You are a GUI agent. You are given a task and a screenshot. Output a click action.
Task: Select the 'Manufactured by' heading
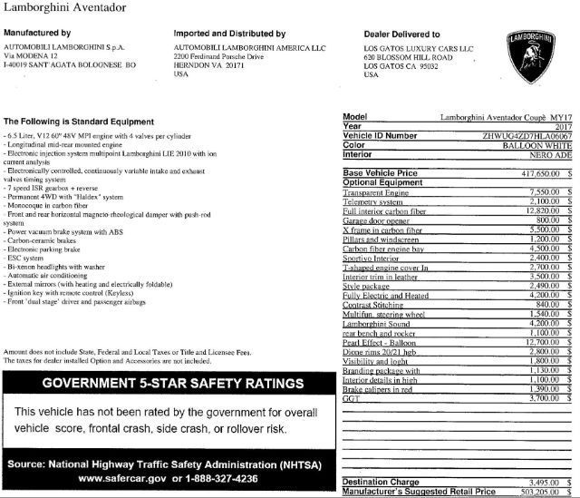42,34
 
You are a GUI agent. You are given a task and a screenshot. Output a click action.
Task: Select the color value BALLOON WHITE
535,144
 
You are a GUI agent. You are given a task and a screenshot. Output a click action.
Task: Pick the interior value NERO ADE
547,154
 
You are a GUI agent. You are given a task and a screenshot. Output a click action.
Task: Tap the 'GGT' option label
352,396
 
